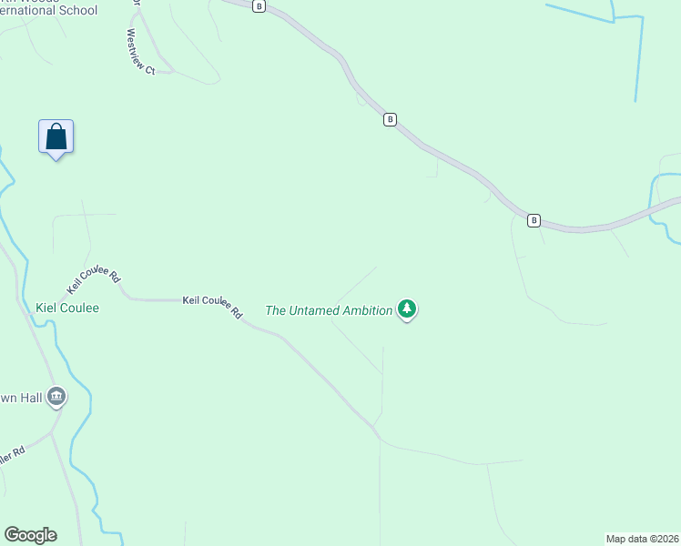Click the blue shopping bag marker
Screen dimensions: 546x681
(x=56, y=137)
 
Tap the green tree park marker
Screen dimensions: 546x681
(x=407, y=309)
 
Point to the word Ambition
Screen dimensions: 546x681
(x=367, y=310)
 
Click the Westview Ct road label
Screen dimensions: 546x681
(x=141, y=52)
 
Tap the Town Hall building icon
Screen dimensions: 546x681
(x=56, y=396)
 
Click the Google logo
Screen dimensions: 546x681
(x=30, y=535)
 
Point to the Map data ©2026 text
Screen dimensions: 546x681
(x=642, y=538)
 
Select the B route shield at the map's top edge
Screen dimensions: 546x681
(x=259, y=5)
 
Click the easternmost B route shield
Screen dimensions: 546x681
(x=534, y=220)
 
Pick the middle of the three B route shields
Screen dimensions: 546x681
(x=390, y=119)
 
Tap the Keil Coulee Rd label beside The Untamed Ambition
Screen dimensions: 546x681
(x=213, y=305)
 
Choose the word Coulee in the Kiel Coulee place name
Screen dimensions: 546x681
(x=80, y=308)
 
